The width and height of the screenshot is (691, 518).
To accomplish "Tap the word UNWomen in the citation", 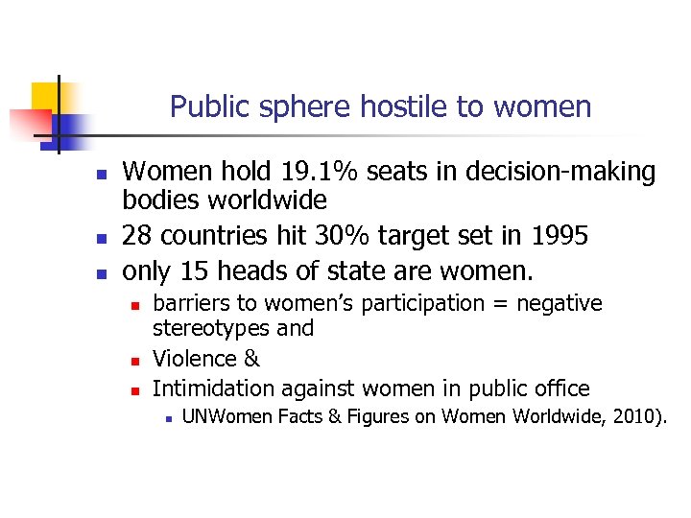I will click(223, 417).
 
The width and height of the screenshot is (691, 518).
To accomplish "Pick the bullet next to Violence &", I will click(135, 361).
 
